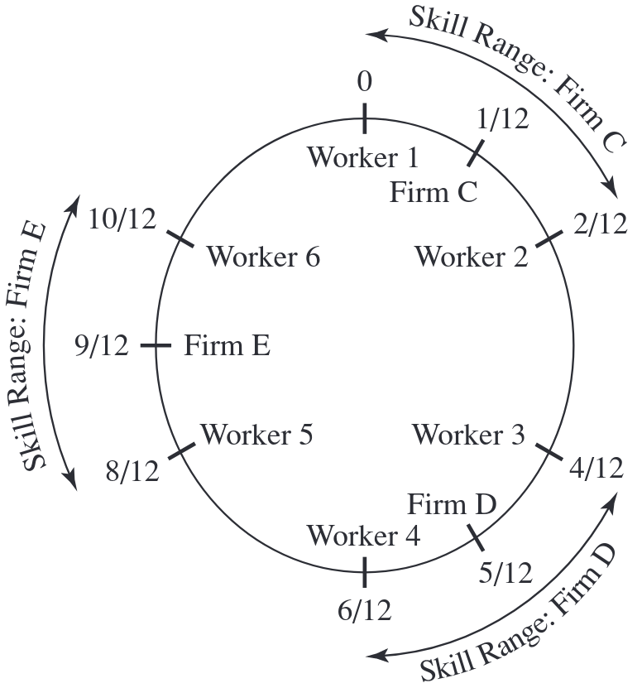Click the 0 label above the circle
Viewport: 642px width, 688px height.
(364, 82)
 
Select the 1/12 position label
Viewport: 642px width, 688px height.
(502, 119)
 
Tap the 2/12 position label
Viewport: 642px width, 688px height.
(600, 224)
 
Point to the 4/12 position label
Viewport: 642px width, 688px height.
(596, 469)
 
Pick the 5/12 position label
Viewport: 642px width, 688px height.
(505, 571)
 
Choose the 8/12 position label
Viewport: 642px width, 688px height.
(132, 472)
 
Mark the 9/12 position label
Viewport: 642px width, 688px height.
(102, 345)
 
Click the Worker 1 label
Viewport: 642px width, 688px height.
(363, 156)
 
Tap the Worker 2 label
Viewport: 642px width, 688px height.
(471, 257)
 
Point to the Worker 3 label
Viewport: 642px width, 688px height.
(468, 435)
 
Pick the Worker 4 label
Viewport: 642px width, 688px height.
(363, 536)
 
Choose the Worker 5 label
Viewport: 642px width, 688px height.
(256, 435)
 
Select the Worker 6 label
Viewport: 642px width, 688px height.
(263, 257)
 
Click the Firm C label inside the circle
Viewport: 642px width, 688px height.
(434, 193)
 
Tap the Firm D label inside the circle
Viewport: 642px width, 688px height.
(452, 503)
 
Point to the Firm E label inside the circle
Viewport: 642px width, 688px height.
(227, 345)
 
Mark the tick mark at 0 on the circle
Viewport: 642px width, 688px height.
(364, 118)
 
